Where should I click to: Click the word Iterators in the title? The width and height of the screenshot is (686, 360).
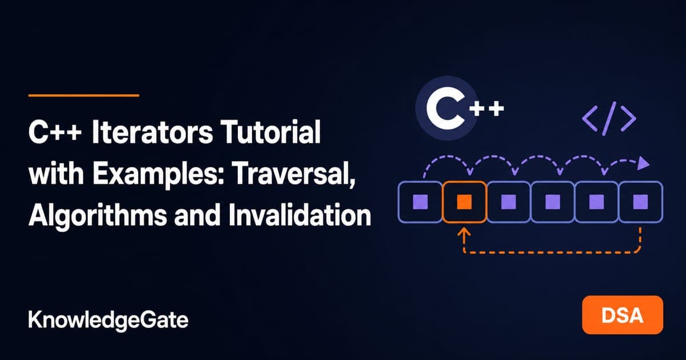(x=152, y=132)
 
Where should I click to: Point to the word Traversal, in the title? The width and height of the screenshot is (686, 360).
(x=294, y=174)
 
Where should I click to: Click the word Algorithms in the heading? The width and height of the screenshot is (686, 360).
(x=98, y=215)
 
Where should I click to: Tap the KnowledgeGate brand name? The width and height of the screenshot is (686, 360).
(x=108, y=320)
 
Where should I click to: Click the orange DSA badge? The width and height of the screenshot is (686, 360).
(x=623, y=315)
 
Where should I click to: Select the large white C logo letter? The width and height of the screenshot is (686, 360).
(x=445, y=108)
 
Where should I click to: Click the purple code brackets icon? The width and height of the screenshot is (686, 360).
(x=609, y=118)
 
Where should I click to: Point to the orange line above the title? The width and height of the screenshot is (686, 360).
(x=83, y=95)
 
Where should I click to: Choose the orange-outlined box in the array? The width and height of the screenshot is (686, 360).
(x=464, y=202)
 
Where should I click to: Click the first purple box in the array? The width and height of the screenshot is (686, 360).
(x=420, y=202)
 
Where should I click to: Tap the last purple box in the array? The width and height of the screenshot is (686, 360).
(x=641, y=202)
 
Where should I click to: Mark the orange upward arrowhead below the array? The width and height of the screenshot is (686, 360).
(x=464, y=231)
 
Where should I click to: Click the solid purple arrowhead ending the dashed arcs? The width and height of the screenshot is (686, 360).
(x=644, y=164)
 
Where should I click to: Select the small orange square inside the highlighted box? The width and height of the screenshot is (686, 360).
(x=464, y=202)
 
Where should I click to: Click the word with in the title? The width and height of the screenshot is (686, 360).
(x=56, y=174)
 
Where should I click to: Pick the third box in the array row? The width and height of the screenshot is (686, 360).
(x=508, y=202)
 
